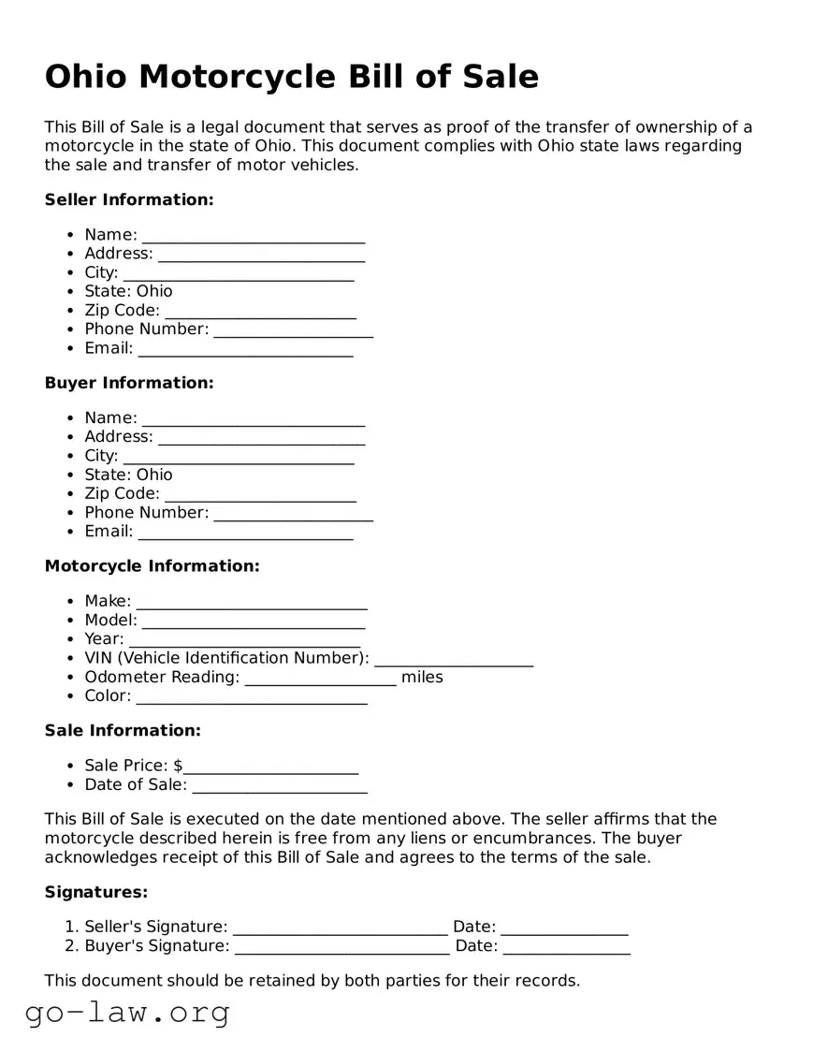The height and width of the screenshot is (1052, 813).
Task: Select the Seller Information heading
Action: (x=129, y=199)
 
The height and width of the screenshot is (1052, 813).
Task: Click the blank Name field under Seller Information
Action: (x=253, y=236)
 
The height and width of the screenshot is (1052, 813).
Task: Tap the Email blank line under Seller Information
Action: (x=245, y=349)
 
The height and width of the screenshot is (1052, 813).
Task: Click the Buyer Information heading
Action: (x=129, y=383)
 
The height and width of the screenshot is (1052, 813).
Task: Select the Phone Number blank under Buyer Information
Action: (x=293, y=513)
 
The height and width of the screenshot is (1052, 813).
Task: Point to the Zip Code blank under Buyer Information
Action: (x=260, y=494)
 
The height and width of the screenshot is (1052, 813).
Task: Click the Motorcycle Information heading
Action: (x=152, y=566)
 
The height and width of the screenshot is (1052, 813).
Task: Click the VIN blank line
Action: (x=454, y=659)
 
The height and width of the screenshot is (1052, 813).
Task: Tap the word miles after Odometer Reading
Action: (x=422, y=677)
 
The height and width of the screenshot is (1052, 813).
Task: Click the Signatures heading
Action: (x=96, y=892)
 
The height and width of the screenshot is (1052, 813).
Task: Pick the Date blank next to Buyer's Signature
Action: (x=566, y=947)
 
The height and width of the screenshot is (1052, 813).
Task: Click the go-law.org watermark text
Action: (x=127, y=1012)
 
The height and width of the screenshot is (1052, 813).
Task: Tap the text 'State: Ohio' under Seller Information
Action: (x=128, y=291)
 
